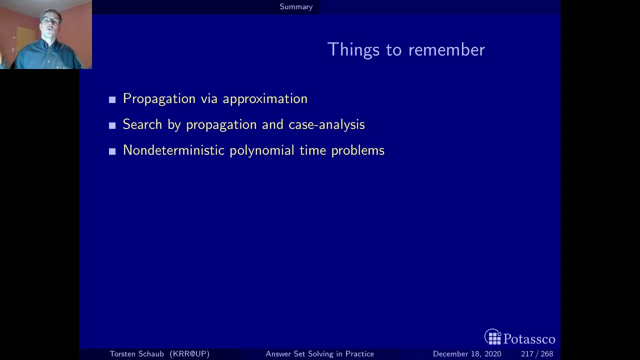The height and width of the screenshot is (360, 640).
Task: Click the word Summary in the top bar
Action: (x=296, y=7)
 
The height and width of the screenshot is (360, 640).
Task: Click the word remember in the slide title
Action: (x=446, y=49)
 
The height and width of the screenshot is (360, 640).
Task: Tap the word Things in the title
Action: (x=353, y=49)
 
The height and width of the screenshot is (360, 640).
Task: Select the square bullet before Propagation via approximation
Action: (x=112, y=99)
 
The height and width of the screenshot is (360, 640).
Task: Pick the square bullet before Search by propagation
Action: (x=112, y=125)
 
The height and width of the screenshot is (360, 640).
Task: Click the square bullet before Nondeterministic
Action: (x=112, y=151)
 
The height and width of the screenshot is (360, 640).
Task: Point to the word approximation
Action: (x=265, y=99)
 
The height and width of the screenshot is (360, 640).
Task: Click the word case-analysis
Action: (x=326, y=125)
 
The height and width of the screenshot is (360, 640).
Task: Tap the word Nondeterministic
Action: (x=173, y=150)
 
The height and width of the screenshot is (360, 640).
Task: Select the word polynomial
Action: (x=261, y=151)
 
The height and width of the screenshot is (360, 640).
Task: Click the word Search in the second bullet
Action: (x=142, y=124)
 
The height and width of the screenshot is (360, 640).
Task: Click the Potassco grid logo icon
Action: (x=493, y=337)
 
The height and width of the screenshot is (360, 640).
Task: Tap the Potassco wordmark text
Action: (x=529, y=339)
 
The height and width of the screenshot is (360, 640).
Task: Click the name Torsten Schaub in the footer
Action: (x=136, y=353)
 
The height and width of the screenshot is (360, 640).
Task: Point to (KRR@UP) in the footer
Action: (x=189, y=354)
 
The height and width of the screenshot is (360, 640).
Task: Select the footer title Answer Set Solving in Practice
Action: (x=319, y=354)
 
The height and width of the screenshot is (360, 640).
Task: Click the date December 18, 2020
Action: (x=467, y=354)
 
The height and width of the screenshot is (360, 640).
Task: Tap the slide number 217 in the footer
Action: (x=527, y=354)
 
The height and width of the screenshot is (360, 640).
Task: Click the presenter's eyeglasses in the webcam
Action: (x=50, y=20)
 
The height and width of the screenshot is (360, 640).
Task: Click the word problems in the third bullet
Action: (x=357, y=151)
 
